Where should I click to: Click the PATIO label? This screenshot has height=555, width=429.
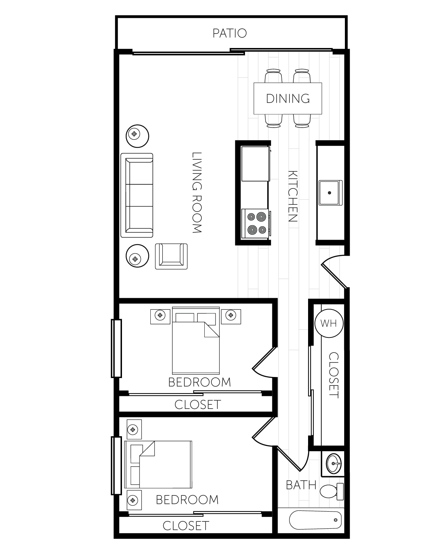[x=230, y=33]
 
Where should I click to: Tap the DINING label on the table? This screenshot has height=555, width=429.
[x=288, y=98]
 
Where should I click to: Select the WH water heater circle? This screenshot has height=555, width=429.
[x=329, y=323]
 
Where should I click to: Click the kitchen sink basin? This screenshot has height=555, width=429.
[x=331, y=193]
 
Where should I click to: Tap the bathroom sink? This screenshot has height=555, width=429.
[x=333, y=463]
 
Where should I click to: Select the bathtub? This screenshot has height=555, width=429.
[x=315, y=520]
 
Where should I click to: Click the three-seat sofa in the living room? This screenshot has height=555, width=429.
[x=137, y=196]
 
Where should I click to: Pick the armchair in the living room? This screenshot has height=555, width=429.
[x=171, y=256]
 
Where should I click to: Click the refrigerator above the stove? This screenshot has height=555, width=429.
[x=256, y=164]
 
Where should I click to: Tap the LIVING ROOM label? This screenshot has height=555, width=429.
[x=197, y=193]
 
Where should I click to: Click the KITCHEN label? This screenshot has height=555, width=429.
[x=293, y=196]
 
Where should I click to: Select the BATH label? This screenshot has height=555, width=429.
[x=301, y=485]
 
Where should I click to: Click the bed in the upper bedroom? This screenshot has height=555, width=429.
[x=196, y=341]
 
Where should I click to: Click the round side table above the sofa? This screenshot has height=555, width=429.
[x=137, y=136]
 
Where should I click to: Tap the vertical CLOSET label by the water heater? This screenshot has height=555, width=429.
[x=334, y=376]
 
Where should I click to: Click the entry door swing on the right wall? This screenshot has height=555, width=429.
[x=334, y=272]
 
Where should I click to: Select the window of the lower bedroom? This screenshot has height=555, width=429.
[x=116, y=466]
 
